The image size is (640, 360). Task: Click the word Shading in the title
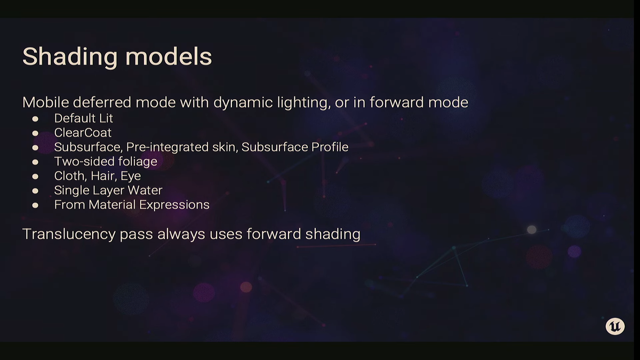(x=70, y=57)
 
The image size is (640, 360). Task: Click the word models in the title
(x=169, y=57)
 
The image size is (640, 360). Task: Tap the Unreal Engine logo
(x=615, y=326)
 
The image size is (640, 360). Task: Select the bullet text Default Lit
(x=83, y=118)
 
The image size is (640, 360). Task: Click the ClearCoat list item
(x=83, y=133)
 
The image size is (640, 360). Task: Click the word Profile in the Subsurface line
(x=330, y=147)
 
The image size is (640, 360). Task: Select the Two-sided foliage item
(x=106, y=162)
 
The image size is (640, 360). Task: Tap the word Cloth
(x=70, y=176)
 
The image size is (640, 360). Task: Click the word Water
(x=145, y=190)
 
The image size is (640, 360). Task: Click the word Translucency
(x=69, y=234)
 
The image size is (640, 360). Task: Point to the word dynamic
(x=243, y=102)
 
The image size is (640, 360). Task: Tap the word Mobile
(x=46, y=102)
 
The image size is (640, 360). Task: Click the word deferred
(x=102, y=102)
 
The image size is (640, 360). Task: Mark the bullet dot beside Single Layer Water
(x=35, y=191)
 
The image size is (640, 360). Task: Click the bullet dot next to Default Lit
(x=35, y=119)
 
